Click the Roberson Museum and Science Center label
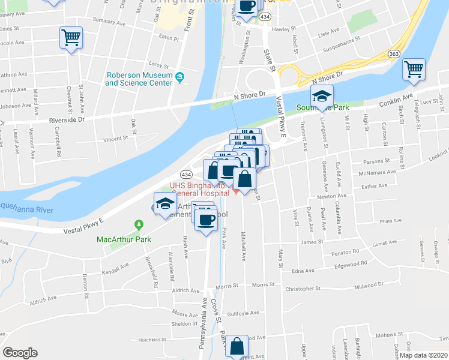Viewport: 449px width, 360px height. [137, 79]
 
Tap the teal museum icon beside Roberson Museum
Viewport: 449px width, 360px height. [179, 76]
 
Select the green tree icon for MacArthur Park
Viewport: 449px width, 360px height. [140, 225]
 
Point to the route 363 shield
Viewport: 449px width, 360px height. [394, 53]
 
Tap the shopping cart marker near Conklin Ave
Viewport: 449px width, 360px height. [414, 70]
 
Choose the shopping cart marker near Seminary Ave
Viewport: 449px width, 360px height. [71, 38]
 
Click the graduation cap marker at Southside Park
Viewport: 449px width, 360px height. [322, 96]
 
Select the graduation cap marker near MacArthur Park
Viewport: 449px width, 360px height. [164, 203]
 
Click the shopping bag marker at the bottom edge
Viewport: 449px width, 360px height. [237, 346]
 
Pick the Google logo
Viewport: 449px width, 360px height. [20, 353]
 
